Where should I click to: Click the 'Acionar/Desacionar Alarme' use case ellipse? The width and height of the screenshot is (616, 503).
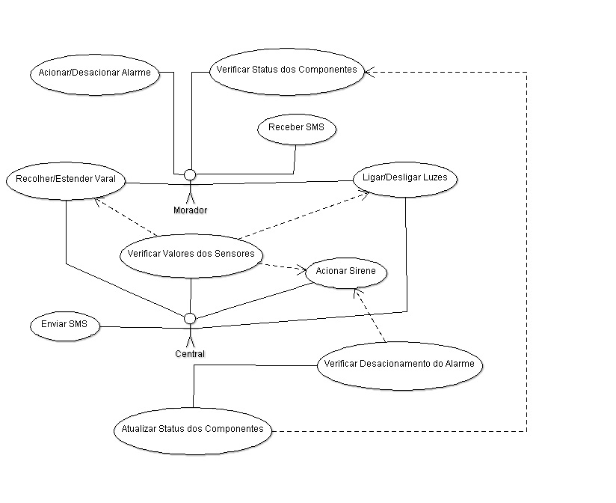coord(95,73)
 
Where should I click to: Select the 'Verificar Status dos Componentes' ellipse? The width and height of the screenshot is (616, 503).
coord(287,70)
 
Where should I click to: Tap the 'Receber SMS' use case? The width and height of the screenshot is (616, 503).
coord(297,128)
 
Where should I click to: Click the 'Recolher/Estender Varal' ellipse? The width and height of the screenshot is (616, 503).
coord(65,180)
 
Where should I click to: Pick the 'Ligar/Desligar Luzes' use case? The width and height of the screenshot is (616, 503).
coord(404,178)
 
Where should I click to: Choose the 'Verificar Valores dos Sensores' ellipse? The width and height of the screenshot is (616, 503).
coord(191,254)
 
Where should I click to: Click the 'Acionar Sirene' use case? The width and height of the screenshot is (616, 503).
coord(346,272)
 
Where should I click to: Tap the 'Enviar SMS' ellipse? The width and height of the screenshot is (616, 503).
coord(65,326)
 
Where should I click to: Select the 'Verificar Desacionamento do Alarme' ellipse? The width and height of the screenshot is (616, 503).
coord(400,365)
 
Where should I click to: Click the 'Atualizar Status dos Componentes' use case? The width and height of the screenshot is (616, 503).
coord(192,430)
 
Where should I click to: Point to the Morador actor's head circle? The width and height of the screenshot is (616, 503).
coord(190,174)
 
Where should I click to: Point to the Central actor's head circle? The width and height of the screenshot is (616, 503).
coord(190,318)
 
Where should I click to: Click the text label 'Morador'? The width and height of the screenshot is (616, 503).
coord(190,210)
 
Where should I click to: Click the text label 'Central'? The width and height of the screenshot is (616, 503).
coord(190,354)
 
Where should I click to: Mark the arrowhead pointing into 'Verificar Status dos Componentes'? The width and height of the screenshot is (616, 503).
coord(369,72)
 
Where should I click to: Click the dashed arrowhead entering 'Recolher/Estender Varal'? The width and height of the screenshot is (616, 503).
coord(98,201)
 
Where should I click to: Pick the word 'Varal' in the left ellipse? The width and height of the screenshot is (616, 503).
coord(105,180)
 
